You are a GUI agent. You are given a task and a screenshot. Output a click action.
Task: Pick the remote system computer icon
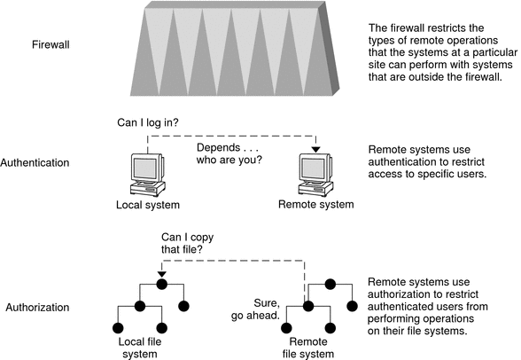315,175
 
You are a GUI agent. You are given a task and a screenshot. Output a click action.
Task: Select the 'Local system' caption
148,205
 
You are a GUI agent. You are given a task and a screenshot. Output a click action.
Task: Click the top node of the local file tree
162,284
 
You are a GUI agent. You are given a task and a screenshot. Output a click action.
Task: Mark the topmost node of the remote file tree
330,284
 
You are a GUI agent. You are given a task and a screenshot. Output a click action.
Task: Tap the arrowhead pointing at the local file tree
162,273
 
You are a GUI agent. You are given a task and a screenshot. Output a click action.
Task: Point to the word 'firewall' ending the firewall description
480,77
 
